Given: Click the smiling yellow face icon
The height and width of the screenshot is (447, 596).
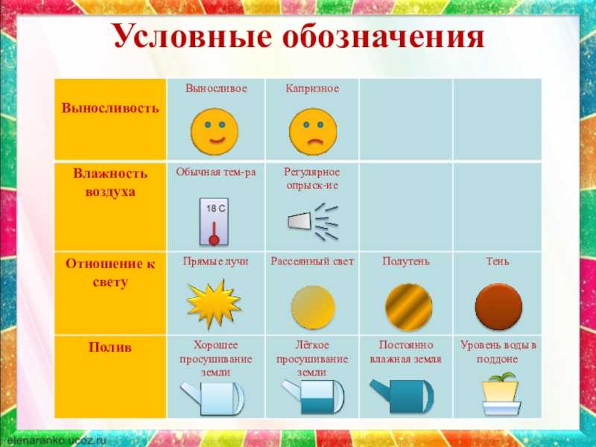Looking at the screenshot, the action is coord(215,132).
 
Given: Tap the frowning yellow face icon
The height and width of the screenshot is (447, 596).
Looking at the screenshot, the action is coord(313,132).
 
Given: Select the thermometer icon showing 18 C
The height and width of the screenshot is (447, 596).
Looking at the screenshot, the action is coord(214,221).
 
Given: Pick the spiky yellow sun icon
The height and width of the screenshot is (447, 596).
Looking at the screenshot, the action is coord(214,304).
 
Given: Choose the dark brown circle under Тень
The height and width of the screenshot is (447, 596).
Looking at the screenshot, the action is coord(498,307).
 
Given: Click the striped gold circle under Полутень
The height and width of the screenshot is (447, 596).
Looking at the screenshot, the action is coord(408,307).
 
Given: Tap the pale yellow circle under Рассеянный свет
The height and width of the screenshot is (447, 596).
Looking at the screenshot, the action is coord(313,308).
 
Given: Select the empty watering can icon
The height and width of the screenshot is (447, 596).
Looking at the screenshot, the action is coord(212,398).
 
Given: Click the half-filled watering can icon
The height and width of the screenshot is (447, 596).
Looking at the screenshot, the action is coord(312,397).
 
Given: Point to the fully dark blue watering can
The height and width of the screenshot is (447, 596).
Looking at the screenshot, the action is coord(402,396).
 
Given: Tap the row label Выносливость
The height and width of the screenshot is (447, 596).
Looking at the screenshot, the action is coord(110,108).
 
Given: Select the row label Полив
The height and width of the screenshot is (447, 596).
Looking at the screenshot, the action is coord(110,347).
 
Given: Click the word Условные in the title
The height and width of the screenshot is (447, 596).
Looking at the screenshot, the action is coord(193,37).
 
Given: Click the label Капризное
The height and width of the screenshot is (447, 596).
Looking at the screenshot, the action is coord(312,89).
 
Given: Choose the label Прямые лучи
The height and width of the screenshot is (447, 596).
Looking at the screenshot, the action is coord(215,262).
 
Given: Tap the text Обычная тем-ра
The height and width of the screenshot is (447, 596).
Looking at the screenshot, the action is coord(216,172).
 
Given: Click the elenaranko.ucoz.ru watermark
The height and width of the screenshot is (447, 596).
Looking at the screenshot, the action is coord(57,441).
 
